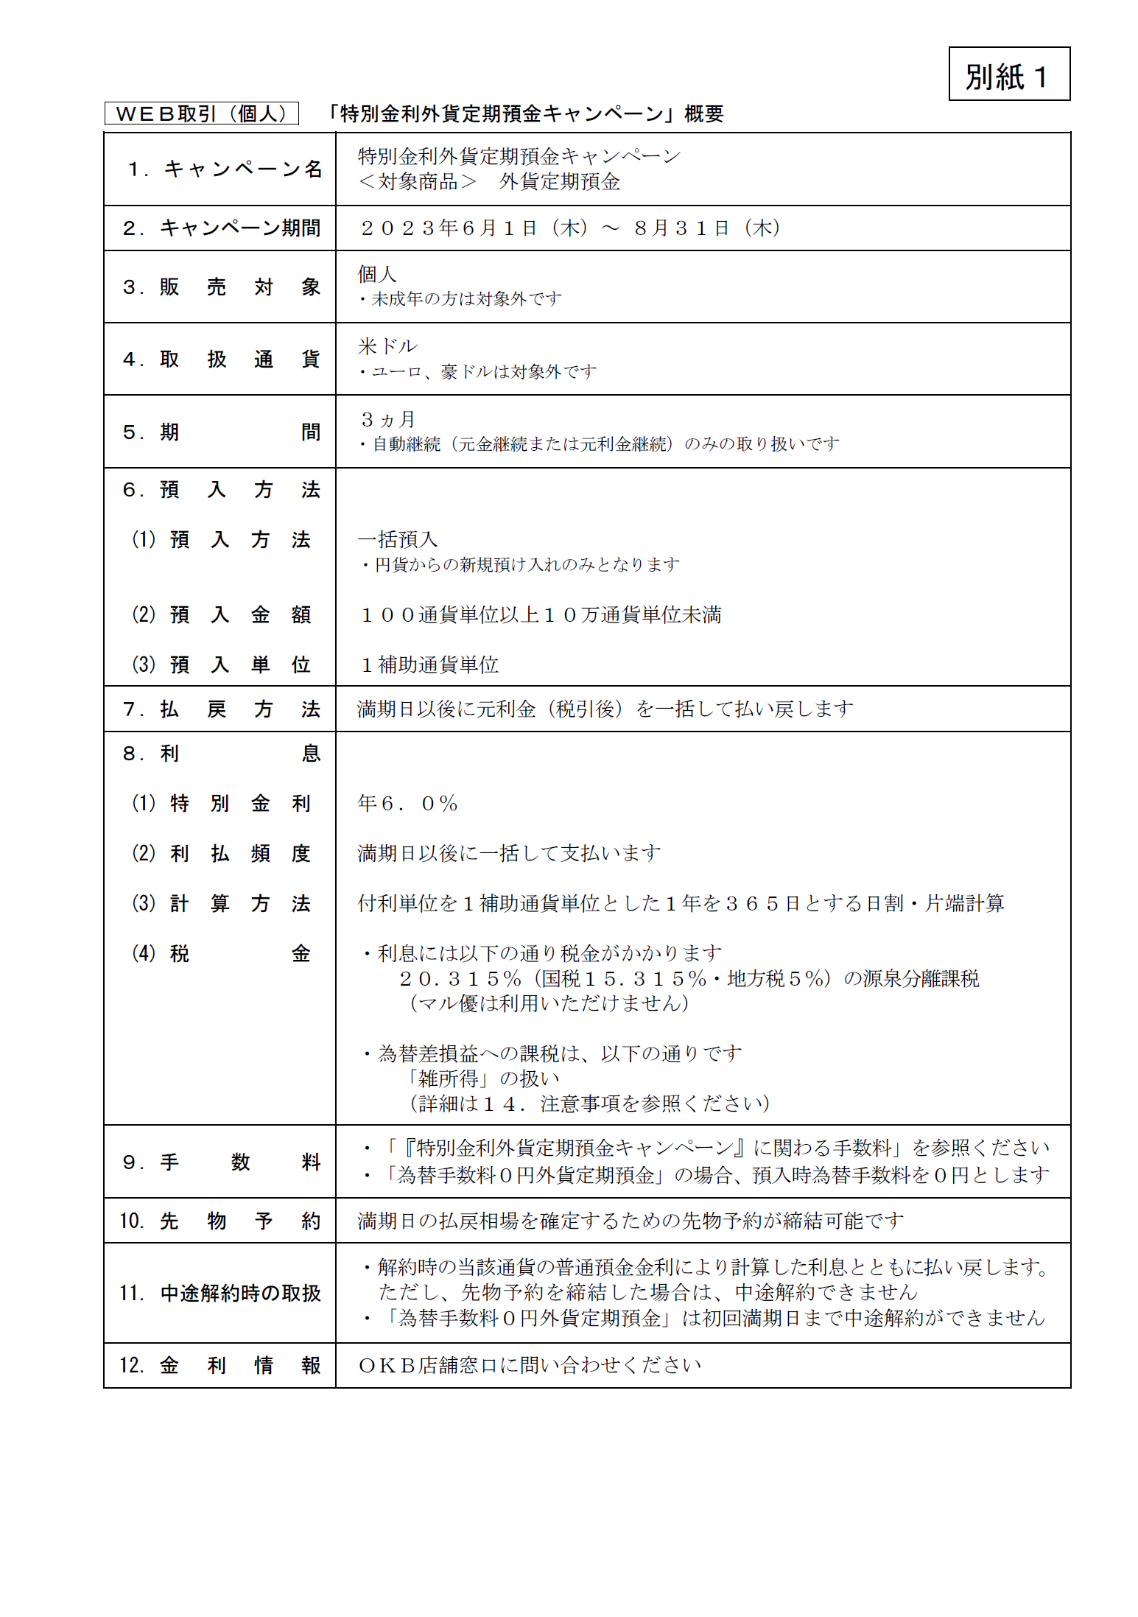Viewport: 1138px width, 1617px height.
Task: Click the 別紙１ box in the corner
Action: (1008, 74)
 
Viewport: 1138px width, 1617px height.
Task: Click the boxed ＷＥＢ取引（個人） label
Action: (201, 113)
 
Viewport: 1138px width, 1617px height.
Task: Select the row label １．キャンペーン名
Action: (224, 169)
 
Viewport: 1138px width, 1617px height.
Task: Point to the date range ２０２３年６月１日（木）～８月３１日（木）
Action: (569, 228)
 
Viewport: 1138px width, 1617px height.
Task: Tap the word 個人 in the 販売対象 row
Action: (377, 274)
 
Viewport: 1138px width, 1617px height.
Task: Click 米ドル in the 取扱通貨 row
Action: (387, 346)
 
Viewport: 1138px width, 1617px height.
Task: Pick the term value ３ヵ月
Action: (387, 419)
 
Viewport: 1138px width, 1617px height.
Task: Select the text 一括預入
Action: (397, 539)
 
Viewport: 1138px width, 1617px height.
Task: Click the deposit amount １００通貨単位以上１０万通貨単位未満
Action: (540, 615)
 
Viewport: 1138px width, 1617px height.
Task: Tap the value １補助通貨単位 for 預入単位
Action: (429, 664)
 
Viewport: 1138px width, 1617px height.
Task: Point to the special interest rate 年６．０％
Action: (407, 803)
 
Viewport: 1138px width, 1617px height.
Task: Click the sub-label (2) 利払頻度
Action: (221, 853)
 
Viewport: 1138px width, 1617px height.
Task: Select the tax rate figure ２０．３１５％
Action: (460, 978)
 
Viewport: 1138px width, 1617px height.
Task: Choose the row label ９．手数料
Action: (220, 1162)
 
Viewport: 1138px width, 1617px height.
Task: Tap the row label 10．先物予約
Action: (219, 1221)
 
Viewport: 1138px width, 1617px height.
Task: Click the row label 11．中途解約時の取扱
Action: (219, 1293)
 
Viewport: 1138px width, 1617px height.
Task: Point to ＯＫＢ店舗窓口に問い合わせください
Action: (529, 1365)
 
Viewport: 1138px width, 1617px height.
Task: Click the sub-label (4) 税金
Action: (221, 953)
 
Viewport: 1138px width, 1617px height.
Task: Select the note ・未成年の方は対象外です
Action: (460, 299)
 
